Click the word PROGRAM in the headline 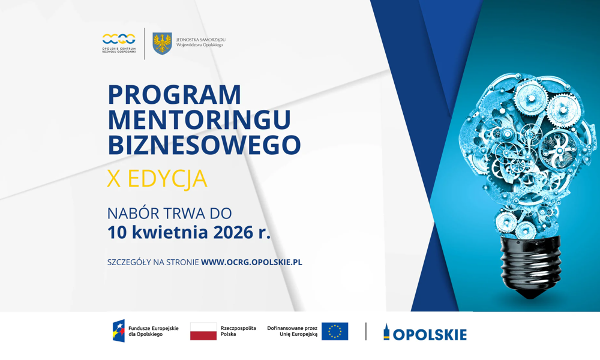pyautogui.click(x=174, y=95)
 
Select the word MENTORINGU pyautogui.click(x=199, y=120)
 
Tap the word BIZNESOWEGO pyautogui.click(x=204, y=145)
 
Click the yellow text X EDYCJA pyautogui.click(x=157, y=179)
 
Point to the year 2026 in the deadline pyautogui.click(x=231, y=232)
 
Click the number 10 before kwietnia pyautogui.click(x=117, y=232)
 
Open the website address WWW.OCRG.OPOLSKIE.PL pyautogui.click(x=251, y=262)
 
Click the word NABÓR pyautogui.click(x=131, y=213)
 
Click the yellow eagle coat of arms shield pyautogui.click(x=162, y=44)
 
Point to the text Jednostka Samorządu pyautogui.click(x=200, y=40)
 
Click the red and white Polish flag pyautogui.click(x=203, y=331)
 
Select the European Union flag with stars pyautogui.click(x=335, y=331)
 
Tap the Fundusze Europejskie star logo pyautogui.click(x=119, y=331)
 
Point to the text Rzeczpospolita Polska pyautogui.click(x=238, y=331)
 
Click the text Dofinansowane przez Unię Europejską pyautogui.click(x=292, y=331)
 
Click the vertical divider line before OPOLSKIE pyautogui.click(x=366, y=331)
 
